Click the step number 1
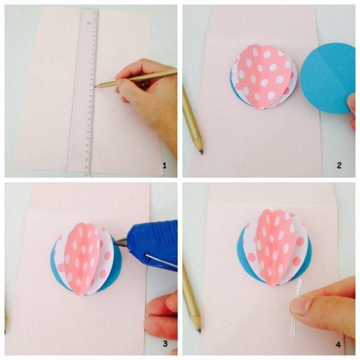tap(164, 165)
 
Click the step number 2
tap(339, 165)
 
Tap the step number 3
tap(165, 344)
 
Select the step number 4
tap(338, 345)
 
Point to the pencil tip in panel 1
tap(96, 87)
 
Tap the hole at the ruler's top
tap(89, 23)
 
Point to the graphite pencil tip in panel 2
tap(201, 152)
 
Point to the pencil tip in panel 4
tap(199, 331)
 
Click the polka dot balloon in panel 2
tap(263, 78)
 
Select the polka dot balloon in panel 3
tap(85, 259)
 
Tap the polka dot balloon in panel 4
tap(274, 247)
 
